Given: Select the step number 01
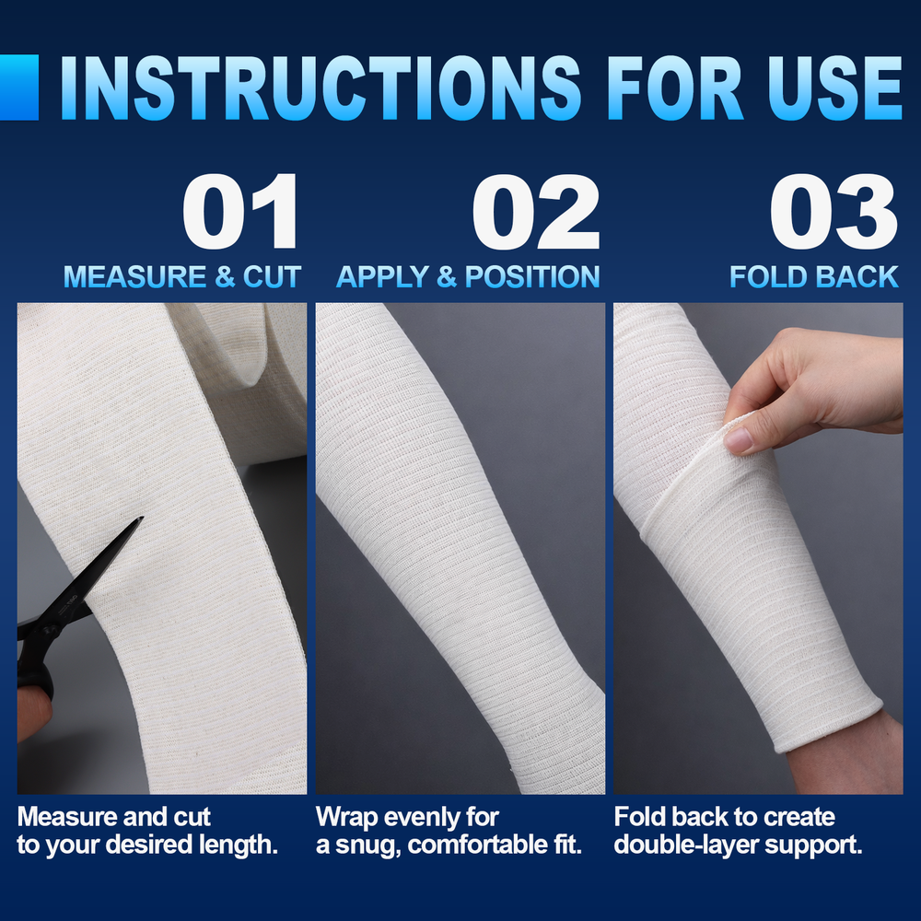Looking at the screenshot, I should click(241, 214).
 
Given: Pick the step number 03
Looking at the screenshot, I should click(834, 214).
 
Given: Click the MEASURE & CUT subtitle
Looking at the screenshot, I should click(182, 276).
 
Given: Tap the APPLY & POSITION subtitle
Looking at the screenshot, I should click(468, 276).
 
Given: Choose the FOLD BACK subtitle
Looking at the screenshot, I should click(814, 276).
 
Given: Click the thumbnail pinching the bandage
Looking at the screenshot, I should click(739, 439).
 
